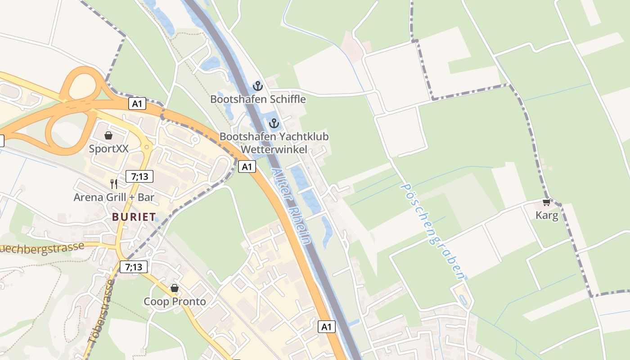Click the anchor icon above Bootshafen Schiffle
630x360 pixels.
tap(257, 85)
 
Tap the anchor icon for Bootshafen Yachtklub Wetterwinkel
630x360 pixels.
tap(274, 123)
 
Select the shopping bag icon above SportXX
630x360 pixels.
tap(108, 135)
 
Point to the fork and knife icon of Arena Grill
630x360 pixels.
tap(114, 184)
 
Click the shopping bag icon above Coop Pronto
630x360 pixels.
tap(175, 288)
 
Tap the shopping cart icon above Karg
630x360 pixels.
tap(546, 202)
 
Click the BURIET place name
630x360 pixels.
tap(134, 217)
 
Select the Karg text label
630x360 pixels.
tap(547, 216)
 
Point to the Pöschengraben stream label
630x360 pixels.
tap(432, 231)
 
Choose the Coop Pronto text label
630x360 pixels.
tap(175, 301)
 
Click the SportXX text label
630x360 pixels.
tap(108, 148)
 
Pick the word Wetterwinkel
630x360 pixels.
tap(274, 149)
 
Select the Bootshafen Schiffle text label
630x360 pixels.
tap(258, 99)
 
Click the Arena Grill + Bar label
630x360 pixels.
tap(114, 197)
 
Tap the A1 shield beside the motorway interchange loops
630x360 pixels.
tap(137, 104)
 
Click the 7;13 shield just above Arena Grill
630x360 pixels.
tap(139, 176)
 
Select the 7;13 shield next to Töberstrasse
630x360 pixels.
tap(134, 267)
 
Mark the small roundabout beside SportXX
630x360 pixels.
tap(146, 146)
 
